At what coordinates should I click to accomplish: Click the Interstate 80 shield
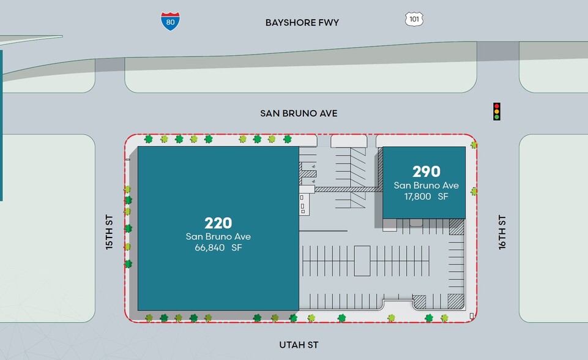tap(170, 21)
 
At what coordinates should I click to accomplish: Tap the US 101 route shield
tap(414, 20)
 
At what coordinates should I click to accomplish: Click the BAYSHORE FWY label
tap(302, 23)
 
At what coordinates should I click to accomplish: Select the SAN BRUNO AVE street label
tap(299, 113)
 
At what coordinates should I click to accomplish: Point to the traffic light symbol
tap(497, 111)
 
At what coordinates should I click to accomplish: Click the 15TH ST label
tap(110, 231)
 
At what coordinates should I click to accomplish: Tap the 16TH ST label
tap(502, 231)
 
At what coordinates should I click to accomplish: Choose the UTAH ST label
tap(299, 345)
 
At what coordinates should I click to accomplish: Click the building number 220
tap(218, 223)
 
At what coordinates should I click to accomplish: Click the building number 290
tap(426, 172)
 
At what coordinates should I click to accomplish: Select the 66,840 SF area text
tap(218, 247)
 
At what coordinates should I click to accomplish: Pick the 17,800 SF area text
tap(426, 197)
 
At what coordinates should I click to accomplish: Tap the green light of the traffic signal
tap(497, 117)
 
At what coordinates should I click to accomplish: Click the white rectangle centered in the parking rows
tap(362, 261)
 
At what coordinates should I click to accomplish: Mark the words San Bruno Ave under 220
tap(218, 236)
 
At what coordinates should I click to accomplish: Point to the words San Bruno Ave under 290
tap(426, 186)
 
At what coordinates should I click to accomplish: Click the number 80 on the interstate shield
tap(170, 24)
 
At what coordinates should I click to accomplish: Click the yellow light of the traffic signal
tap(497, 111)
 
